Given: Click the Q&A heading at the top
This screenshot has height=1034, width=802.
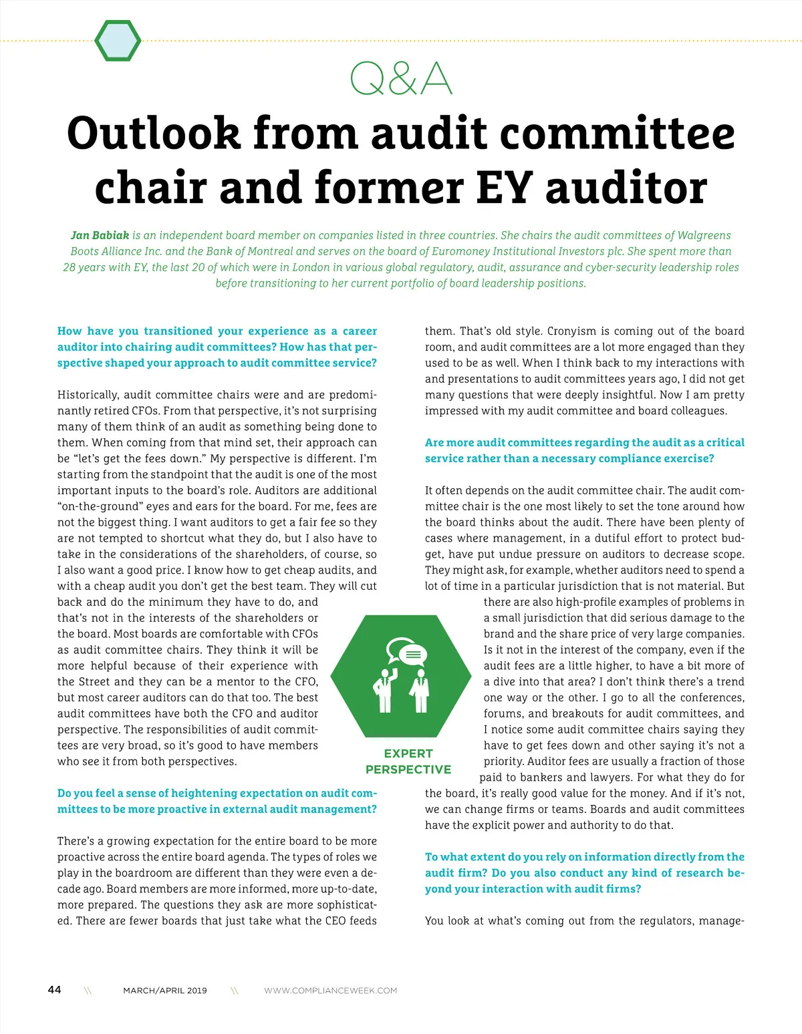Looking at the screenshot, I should [401, 79].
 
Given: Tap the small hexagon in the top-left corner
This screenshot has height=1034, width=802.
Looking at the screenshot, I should [118, 41].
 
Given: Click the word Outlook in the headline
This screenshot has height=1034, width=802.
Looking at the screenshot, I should [153, 133].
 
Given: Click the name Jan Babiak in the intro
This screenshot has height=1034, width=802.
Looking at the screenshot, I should [100, 235].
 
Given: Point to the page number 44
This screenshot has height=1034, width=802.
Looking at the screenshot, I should [55, 989].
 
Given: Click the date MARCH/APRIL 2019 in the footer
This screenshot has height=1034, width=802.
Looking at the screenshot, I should [165, 991].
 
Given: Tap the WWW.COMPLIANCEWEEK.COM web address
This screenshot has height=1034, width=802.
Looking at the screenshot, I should [330, 991].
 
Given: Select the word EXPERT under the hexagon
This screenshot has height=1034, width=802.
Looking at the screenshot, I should [408, 753].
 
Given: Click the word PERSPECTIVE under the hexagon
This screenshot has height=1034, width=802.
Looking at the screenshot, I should [408, 769].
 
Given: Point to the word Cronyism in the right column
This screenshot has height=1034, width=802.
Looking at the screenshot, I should [569, 331].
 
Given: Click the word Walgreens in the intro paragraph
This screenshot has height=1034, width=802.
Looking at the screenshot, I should [704, 235].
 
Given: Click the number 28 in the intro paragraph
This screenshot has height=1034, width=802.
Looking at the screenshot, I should [70, 267].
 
